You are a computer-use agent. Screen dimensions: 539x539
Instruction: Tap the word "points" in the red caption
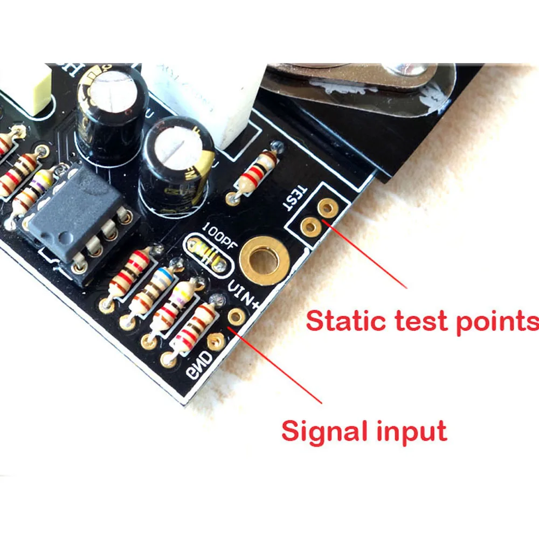(498, 322)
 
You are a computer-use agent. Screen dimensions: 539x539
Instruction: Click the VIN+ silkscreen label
(244, 296)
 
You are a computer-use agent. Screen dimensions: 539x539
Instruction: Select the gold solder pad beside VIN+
(236, 316)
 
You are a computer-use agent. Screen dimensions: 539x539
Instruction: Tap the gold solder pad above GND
(216, 340)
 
